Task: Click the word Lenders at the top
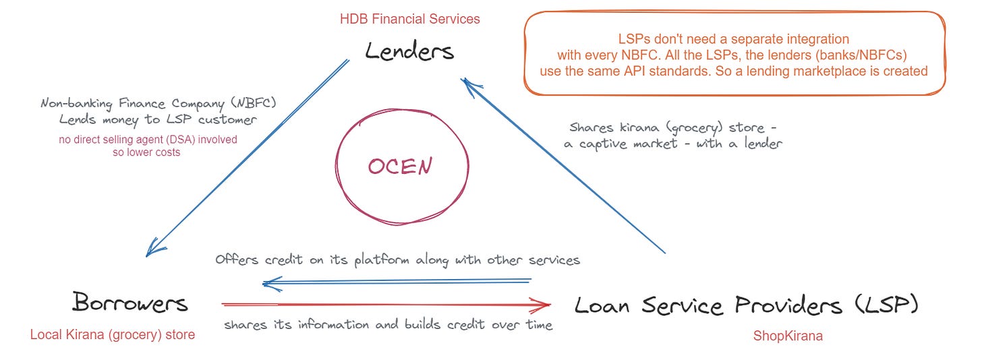click(409, 52)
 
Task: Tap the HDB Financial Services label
click(410, 19)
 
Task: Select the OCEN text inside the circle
click(400, 166)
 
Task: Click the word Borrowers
click(130, 303)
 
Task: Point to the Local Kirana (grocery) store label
click(113, 334)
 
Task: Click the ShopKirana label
click(788, 336)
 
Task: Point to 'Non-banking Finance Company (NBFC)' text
click(158, 104)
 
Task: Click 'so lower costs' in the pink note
click(146, 152)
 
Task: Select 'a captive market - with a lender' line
click(672, 144)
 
